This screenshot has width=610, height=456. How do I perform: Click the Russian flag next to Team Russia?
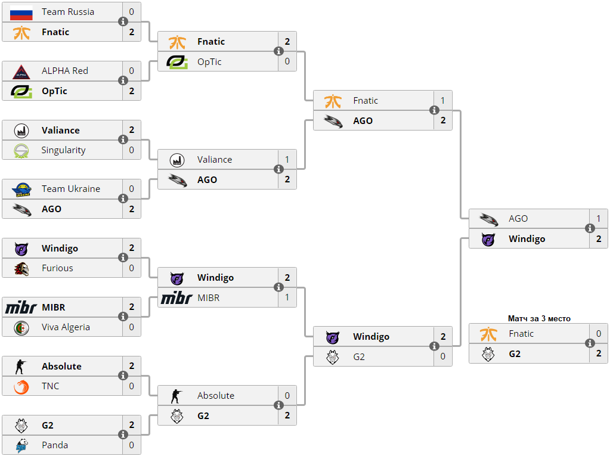click(x=21, y=13)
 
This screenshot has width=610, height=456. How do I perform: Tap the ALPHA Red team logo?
click(x=21, y=72)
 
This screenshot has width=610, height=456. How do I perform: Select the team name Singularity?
click(x=63, y=150)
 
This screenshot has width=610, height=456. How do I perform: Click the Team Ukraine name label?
click(x=71, y=189)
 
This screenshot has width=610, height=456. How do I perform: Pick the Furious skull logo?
click(x=21, y=269)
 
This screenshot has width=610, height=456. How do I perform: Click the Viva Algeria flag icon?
click(x=21, y=328)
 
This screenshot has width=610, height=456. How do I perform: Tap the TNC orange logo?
click(x=21, y=387)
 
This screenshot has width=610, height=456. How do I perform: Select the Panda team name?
click(x=55, y=445)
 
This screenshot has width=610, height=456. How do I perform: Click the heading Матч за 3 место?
click(x=539, y=318)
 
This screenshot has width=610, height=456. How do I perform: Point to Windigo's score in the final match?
click(x=599, y=238)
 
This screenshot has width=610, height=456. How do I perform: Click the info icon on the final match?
click(x=590, y=228)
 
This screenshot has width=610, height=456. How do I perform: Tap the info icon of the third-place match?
click(x=590, y=343)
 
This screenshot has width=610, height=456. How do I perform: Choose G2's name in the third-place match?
click(x=515, y=353)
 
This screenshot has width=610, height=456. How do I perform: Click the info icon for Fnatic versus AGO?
click(x=434, y=110)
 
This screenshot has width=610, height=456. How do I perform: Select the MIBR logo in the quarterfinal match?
click(x=177, y=298)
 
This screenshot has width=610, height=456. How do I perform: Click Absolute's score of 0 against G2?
click(x=287, y=395)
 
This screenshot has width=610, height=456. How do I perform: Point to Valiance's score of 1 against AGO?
click(x=287, y=159)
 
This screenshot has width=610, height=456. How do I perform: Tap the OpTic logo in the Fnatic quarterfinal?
click(x=177, y=62)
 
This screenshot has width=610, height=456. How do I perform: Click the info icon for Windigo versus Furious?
click(x=123, y=258)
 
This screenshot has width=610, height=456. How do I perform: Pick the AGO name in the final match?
click(x=518, y=219)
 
